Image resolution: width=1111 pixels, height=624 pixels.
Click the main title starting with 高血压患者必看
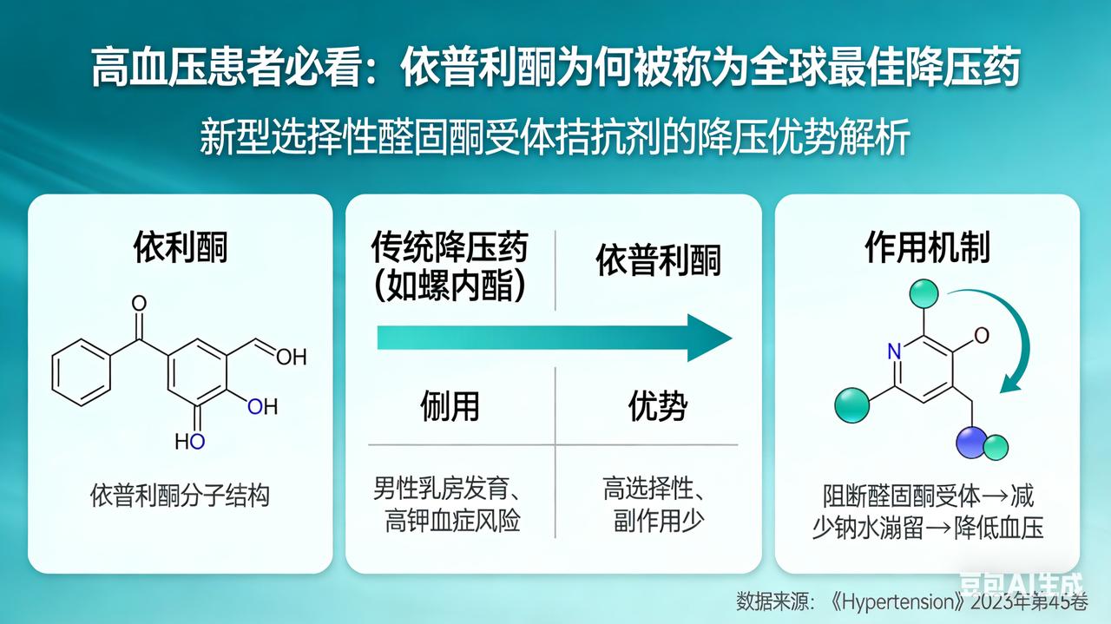tap(555, 67)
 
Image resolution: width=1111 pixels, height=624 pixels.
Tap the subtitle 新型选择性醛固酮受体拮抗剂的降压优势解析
tap(555, 137)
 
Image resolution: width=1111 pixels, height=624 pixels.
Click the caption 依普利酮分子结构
tap(181, 496)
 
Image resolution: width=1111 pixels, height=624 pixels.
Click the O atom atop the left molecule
tap(139, 304)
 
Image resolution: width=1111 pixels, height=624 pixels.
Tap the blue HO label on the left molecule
tap(190, 442)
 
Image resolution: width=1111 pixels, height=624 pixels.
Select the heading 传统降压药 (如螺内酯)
tap(450, 266)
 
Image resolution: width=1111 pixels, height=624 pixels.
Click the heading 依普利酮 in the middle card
tap(658, 261)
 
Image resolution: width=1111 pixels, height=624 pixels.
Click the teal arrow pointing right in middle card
tap(555, 338)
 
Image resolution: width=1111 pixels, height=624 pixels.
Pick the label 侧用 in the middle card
tap(450, 406)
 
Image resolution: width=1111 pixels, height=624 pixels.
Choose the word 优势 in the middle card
tap(658, 406)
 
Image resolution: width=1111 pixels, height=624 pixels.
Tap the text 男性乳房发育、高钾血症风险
tap(450, 505)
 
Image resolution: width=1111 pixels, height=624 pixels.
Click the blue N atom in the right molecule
tap(894, 351)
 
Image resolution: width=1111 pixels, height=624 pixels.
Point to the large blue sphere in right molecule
tap(972, 441)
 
